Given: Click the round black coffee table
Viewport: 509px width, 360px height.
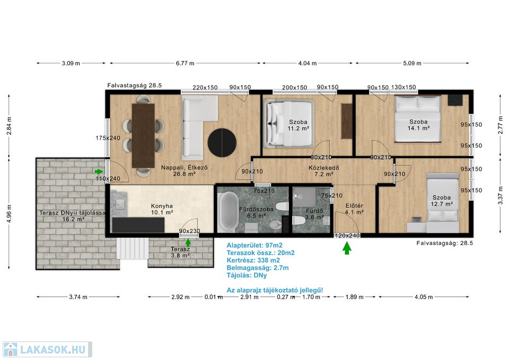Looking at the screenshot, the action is coord(222,143).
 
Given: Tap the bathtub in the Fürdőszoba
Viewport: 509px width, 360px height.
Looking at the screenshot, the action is coord(227,212).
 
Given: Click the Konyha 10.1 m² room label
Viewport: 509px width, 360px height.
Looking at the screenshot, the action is coord(162,209).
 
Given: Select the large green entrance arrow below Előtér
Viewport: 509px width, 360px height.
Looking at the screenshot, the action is coord(347,248).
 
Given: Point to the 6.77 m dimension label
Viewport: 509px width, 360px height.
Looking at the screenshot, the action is coord(185,63).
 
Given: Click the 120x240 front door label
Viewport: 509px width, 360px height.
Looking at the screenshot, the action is coord(347,236).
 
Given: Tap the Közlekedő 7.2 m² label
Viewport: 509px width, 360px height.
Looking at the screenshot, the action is coord(324,171).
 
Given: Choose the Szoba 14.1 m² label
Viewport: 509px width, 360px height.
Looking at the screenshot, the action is coord(418,125).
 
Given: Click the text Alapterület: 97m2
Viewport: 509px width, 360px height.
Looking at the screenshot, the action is coord(254,245).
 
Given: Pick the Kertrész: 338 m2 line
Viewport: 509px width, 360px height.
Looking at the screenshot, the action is coord(253,260).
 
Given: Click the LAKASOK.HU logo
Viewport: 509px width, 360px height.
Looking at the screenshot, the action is coord(47,349).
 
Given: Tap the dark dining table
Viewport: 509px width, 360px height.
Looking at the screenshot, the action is coord(143,136).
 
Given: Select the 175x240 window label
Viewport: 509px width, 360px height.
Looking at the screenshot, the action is coord(108,138).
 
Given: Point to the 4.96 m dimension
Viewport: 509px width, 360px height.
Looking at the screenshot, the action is coord(9,214).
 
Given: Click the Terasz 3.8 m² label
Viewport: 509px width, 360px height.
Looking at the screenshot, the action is coord(180,252).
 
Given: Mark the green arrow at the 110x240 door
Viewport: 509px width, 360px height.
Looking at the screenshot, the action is coord(99,171).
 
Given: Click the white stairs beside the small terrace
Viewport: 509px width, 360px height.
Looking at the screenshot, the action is coord(133,248).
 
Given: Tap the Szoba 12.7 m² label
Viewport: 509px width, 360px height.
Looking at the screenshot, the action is coord(442,200).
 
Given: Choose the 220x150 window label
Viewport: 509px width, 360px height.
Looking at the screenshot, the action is coord(205,87).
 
